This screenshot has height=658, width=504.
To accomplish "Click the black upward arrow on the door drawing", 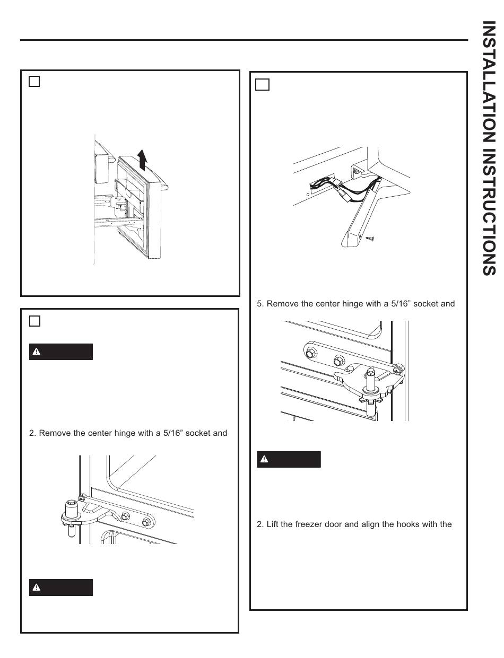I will pyautogui.click(x=142, y=159).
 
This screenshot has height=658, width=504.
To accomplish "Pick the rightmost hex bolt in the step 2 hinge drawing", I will pyautogui.click(x=145, y=523).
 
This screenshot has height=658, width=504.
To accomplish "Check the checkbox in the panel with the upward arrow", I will pyautogui.click(x=34, y=81).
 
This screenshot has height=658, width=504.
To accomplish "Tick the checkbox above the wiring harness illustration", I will pyautogui.click(x=263, y=84).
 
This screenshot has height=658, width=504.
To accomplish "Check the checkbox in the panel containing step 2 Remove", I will pyautogui.click(x=34, y=321).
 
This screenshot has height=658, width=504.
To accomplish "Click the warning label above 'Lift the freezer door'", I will pyautogui.click(x=289, y=459).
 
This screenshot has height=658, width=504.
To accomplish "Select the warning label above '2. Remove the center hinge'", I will pyautogui.click(x=60, y=352).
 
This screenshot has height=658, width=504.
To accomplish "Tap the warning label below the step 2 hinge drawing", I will pyautogui.click(x=60, y=587).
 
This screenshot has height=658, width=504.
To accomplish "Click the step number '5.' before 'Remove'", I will pyautogui.click(x=260, y=304).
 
